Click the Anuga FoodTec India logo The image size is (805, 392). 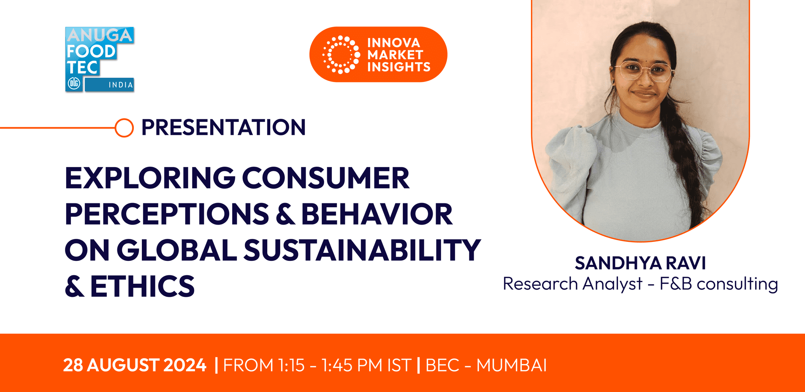[100, 59]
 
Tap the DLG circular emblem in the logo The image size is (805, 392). [74, 84]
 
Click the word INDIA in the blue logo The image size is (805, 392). [121, 85]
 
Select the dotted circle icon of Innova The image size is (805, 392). [341, 55]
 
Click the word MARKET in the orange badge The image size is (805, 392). [395, 55]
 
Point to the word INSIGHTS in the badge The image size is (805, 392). [398, 67]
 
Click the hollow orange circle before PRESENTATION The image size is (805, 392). [124, 128]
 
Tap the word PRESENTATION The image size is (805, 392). [223, 127]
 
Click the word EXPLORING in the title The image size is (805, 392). [150, 178]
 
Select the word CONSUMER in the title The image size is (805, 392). [325, 178]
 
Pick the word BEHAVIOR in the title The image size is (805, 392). [377, 214]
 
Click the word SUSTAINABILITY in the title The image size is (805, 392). [362, 250]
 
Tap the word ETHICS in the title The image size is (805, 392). [142, 286]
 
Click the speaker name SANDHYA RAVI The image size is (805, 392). [640, 263]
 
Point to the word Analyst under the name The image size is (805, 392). [612, 283]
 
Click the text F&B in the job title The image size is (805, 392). [675, 283]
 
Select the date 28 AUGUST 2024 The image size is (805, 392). [135, 365]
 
